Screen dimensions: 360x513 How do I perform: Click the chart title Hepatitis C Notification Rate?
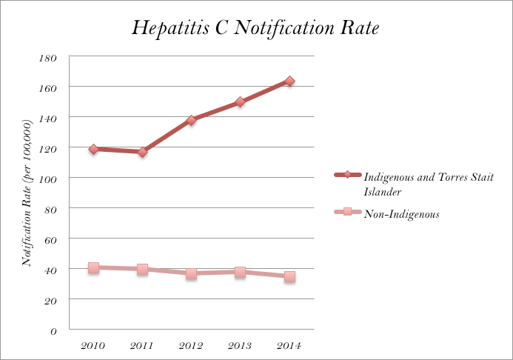256,28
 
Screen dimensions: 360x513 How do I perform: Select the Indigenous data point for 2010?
93,150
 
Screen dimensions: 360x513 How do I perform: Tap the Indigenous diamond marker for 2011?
142,152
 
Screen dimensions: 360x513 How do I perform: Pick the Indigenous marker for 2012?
191,120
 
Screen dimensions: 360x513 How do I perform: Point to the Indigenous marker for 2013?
240,102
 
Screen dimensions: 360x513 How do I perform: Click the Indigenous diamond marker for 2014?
289,81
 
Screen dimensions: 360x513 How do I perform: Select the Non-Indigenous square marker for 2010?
93,267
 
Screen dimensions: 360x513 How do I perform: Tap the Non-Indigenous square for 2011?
142,269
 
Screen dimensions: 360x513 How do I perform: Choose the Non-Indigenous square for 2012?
191,273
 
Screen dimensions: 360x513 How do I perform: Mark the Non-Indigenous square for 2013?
240,272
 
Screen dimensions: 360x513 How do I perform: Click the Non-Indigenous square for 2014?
289,276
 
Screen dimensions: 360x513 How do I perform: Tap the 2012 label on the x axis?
191,346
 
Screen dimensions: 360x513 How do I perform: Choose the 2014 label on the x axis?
289,346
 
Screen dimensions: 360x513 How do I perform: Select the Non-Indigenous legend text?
402,215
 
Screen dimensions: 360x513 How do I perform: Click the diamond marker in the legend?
346,176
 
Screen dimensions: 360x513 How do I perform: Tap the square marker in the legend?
346,214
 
